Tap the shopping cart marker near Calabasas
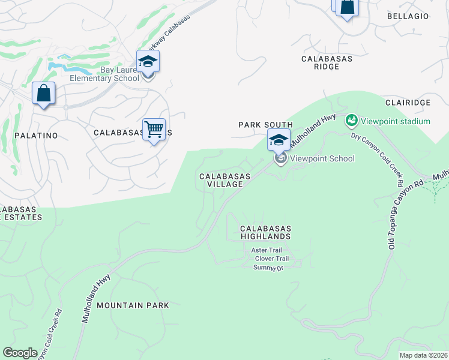154,129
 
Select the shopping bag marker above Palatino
43,94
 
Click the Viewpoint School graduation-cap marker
279,140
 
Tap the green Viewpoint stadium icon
352,121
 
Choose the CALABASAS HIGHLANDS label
265,233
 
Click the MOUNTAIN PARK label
133,305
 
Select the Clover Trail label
272,259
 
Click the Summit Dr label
268,268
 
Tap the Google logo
20,353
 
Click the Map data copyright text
423,355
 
